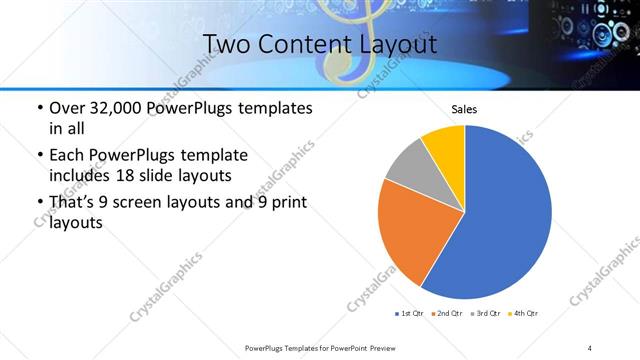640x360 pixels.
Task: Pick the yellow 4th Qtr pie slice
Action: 444,144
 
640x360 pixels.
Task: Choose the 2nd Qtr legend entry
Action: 445,314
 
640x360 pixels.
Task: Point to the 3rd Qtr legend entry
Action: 486,314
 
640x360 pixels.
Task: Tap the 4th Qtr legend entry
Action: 524,314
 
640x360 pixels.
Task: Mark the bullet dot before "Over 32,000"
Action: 38,108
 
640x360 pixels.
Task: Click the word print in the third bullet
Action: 286,203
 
